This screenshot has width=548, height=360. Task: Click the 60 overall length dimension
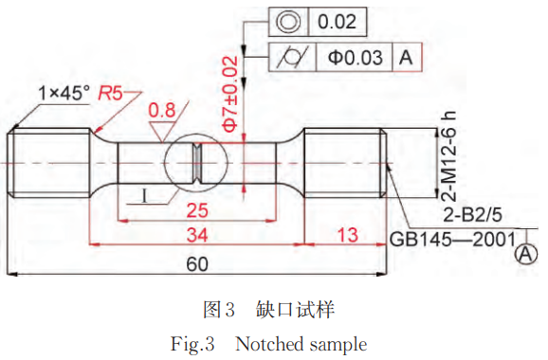pos(197,264)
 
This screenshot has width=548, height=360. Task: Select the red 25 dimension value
pos(197,210)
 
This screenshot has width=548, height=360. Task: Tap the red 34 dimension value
pos(197,235)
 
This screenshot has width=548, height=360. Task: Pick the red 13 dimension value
pos(348,235)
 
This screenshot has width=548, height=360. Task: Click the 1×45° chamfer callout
pos(64,93)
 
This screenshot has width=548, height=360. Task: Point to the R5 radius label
pos(110,93)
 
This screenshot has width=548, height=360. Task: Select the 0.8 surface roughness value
pos(162,110)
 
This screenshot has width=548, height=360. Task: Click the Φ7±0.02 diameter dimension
pos(230,95)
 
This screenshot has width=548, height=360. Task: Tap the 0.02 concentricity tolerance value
pos(337,22)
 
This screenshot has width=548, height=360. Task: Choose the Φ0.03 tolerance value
pos(356,57)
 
